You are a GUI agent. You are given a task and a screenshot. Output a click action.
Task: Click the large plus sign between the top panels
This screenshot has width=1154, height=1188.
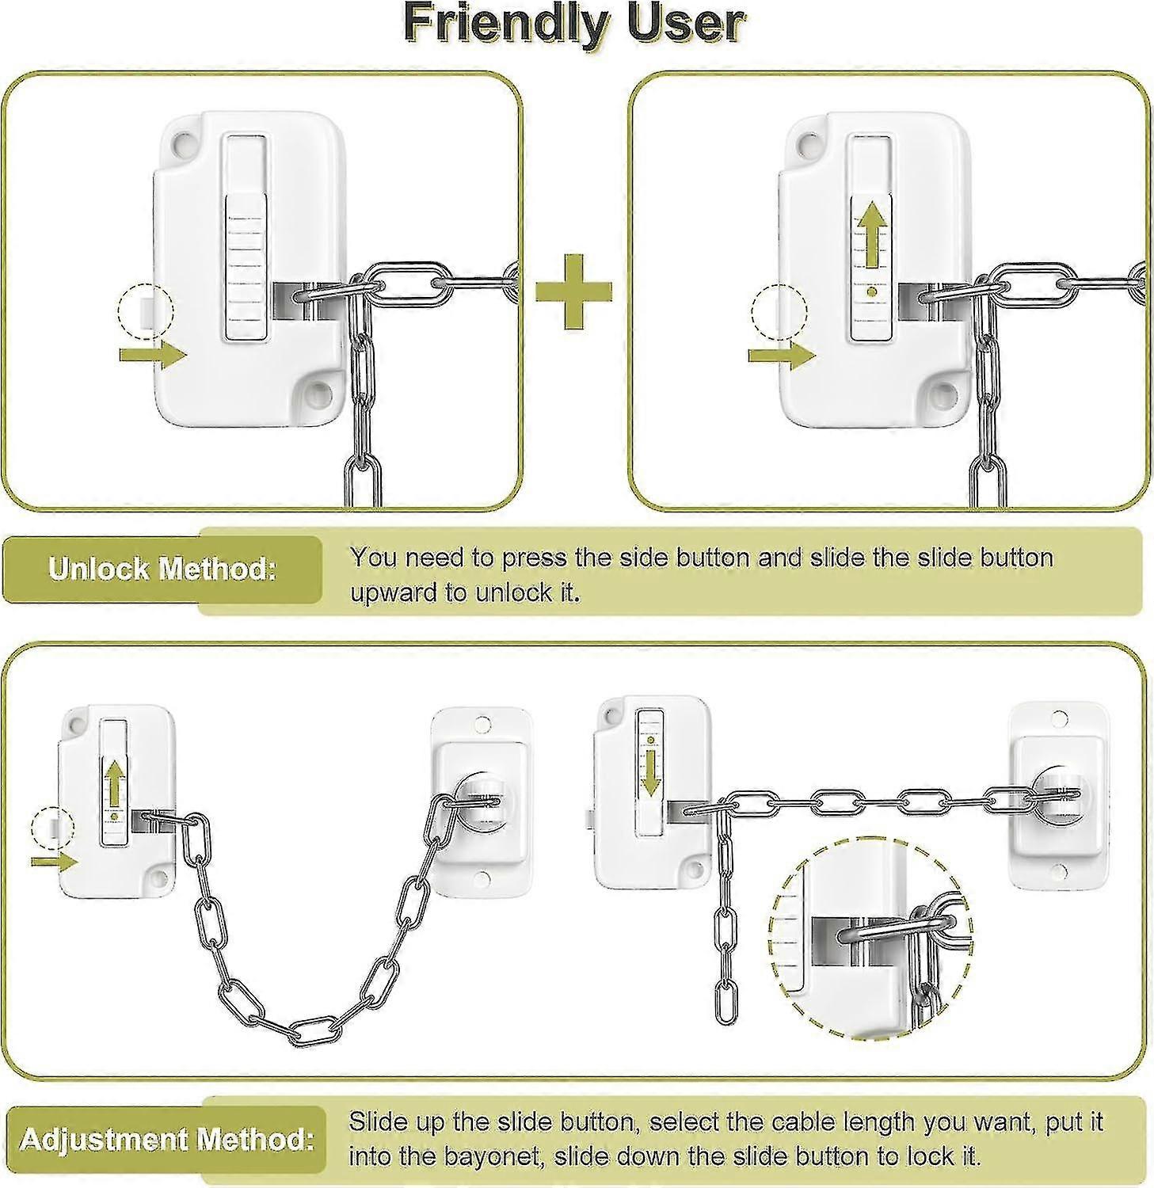click(x=574, y=291)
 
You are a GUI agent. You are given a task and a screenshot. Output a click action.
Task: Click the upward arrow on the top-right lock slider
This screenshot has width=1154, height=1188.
click(x=871, y=234)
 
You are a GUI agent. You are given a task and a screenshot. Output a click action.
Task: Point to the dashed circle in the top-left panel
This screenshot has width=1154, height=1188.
click(x=145, y=310)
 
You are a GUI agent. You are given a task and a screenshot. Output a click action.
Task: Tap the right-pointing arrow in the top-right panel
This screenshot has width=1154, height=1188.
click(x=781, y=355)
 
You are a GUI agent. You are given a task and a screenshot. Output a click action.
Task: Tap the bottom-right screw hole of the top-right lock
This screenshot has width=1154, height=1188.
click(x=943, y=390)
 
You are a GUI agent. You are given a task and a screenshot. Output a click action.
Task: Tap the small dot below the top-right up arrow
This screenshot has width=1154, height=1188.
click(x=871, y=291)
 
